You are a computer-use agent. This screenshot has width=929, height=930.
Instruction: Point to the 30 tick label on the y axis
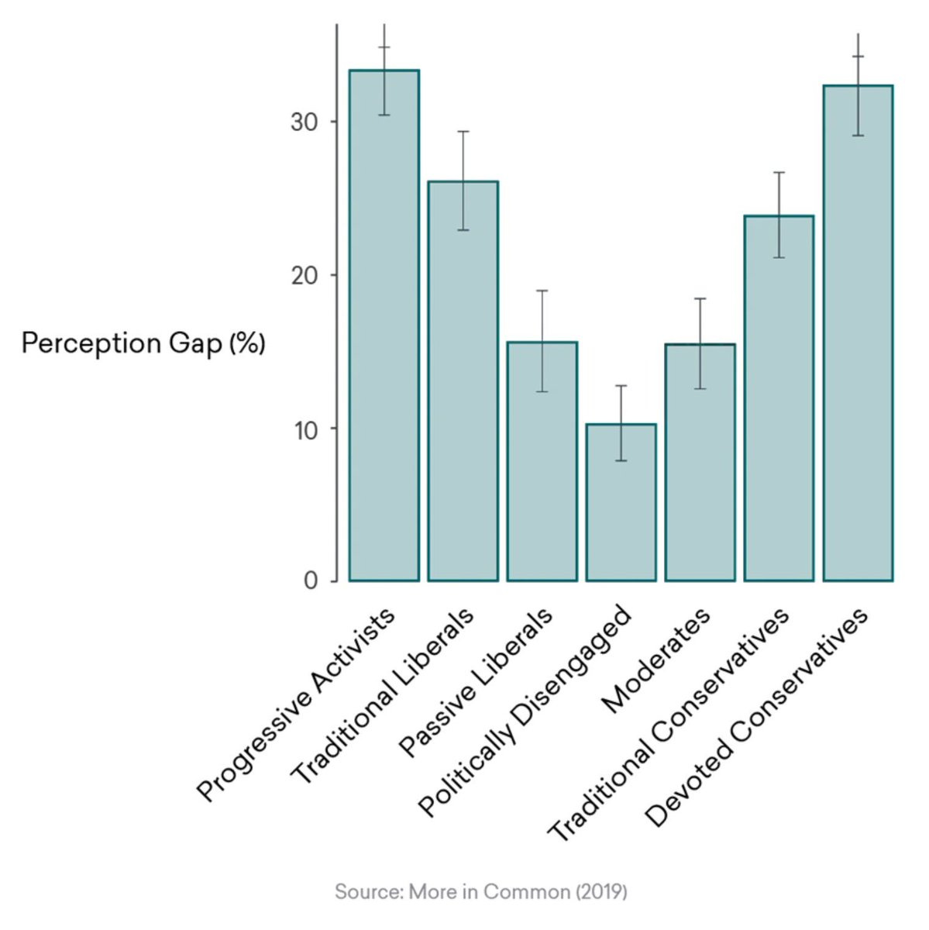[x=304, y=122]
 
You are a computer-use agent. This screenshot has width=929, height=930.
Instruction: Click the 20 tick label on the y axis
[x=304, y=276]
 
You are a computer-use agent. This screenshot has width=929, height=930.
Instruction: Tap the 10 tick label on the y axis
[x=305, y=429]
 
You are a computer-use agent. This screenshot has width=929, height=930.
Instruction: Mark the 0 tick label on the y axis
[x=311, y=581]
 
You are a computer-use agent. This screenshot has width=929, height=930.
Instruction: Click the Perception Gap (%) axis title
[x=143, y=343]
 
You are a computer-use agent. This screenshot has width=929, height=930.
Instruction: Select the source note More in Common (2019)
[x=480, y=892]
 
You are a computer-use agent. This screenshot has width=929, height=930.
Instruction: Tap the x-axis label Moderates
[x=656, y=660]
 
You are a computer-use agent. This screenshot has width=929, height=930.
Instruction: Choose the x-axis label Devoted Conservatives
[x=756, y=717]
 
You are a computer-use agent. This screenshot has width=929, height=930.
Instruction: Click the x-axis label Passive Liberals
[x=476, y=681]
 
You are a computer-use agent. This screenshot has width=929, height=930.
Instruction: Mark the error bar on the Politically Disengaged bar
[x=621, y=423]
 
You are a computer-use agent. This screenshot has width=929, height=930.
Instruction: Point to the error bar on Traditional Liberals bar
[x=463, y=181]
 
